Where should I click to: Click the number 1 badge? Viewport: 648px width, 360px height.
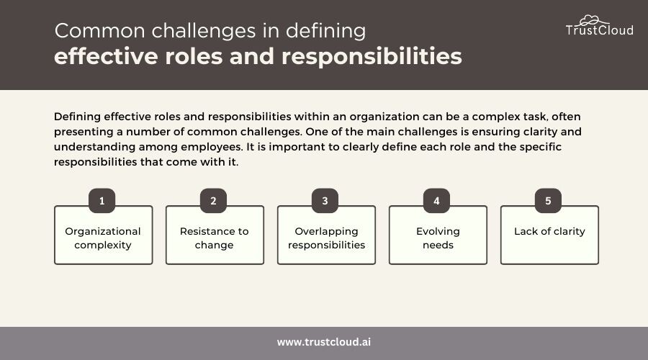102,200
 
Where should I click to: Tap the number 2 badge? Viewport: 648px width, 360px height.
213,200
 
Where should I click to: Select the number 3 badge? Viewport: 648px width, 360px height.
325,200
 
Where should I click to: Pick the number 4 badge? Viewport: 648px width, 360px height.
436,200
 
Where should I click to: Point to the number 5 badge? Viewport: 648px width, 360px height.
548,200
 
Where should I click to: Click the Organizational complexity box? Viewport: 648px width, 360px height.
103,235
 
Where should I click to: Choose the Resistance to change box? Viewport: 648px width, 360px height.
215,235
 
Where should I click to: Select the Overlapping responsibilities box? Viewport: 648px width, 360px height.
326,235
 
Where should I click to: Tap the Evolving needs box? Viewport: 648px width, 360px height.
438,235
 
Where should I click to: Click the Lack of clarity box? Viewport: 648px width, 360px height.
549,235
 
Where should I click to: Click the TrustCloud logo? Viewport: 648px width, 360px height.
599,26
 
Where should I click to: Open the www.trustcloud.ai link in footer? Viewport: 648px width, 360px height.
324,342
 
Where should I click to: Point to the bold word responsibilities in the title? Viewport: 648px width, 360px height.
372,57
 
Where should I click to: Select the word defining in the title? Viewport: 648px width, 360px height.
325,32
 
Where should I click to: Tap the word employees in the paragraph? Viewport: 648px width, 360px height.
212,148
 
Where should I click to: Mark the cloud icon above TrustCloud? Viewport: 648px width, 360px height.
593,20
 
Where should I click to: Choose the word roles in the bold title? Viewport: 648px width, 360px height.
194,57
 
